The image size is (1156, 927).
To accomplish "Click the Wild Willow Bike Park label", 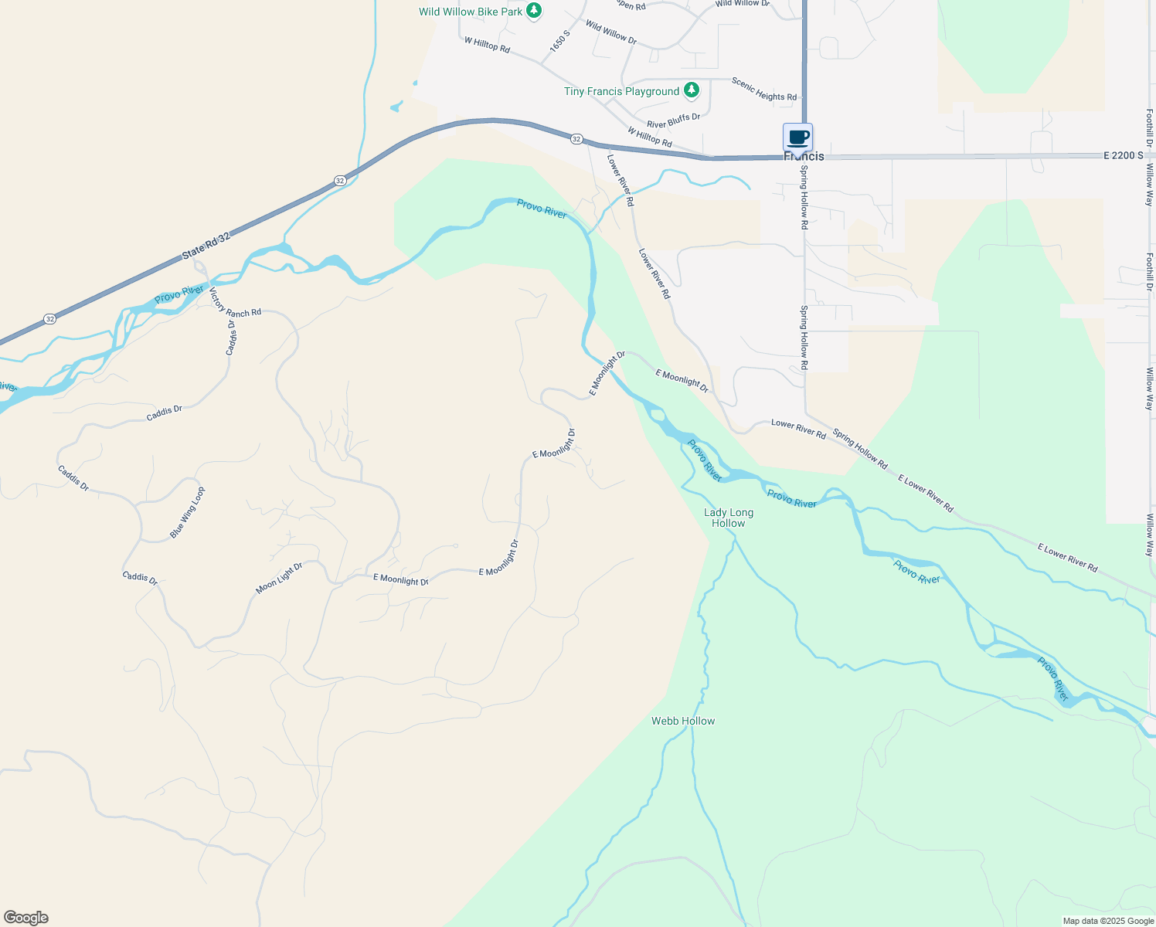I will coord(471,12).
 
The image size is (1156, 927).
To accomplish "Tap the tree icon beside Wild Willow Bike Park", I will coord(534,10).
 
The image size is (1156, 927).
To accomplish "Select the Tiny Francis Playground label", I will coord(621,91).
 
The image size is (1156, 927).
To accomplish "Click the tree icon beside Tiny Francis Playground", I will coord(692,90).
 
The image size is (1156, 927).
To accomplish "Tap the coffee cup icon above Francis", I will coord(797,138).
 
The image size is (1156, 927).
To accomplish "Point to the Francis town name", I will coord(804,156).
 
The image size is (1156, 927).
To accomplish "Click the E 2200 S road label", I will coord(1123,155).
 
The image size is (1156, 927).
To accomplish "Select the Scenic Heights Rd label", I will coord(763,89).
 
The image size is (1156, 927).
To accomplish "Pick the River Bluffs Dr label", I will coord(673,121).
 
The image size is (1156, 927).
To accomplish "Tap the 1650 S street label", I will coord(560,41).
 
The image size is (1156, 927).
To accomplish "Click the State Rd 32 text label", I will coord(206,246).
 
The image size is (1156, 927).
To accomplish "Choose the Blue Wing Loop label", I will coord(188,512).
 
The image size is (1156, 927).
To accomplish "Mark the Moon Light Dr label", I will coord(279,578).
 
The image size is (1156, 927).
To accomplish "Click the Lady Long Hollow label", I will coord(729,518).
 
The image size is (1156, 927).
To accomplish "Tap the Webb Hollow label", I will coord(683,721).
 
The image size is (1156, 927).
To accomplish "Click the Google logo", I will coord(25,918).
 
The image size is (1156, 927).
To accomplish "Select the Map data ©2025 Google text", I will coord(1108,921).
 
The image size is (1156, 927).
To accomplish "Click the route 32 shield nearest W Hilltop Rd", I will coord(576,138).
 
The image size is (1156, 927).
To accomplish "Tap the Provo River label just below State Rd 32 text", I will coord(179,294).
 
